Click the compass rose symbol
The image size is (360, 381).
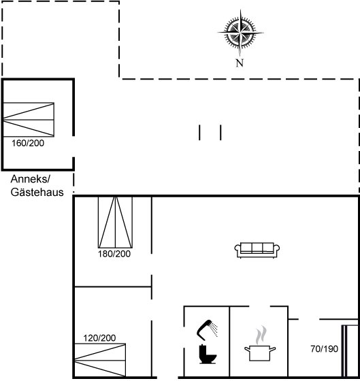click(x=240, y=33)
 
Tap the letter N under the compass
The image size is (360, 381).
click(x=240, y=63)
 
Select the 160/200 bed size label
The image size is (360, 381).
click(x=28, y=143)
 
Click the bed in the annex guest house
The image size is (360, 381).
click(x=29, y=120)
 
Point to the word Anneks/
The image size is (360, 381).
click(x=30, y=180)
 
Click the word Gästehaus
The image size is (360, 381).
click(x=37, y=192)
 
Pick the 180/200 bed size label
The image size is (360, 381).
click(x=114, y=254)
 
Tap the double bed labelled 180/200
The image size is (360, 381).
click(x=115, y=222)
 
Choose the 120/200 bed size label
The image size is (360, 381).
click(x=99, y=338)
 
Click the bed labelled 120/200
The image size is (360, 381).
click(x=100, y=360)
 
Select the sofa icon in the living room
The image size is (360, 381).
click(x=257, y=250)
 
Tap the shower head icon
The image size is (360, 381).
click(x=207, y=329)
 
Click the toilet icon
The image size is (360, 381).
click(x=208, y=354)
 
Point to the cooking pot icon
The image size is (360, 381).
click(x=260, y=353)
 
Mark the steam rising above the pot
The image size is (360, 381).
click(x=261, y=335)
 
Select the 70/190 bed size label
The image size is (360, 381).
click(x=324, y=349)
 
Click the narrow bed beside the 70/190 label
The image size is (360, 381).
click(x=350, y=351)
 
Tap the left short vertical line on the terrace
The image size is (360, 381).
click(x=199, y=133)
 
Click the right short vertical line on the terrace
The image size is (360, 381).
click(x=220, y=133)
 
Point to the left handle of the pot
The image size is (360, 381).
click(x=247, y=349)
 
